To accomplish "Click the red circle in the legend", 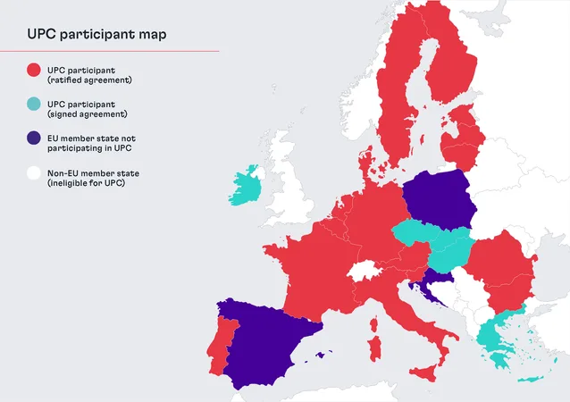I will (x=34, y=71).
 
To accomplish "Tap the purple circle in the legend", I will (x=34, y=138).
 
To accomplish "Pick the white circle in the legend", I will (x=34, y=173).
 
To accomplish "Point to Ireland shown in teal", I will (x=245, y=186).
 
